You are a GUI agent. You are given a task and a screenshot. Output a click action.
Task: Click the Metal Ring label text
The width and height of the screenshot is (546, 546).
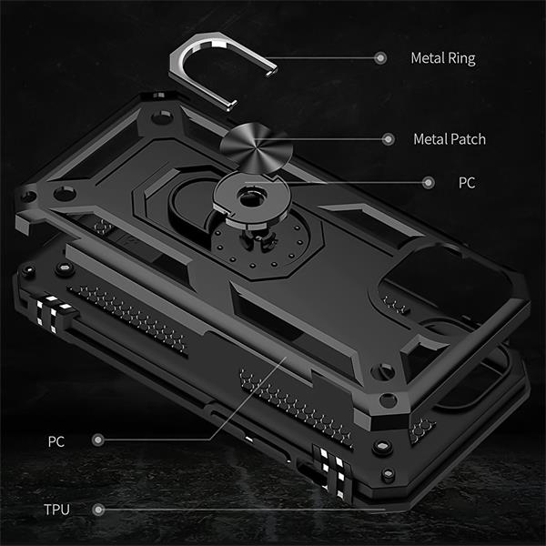click(443, 58)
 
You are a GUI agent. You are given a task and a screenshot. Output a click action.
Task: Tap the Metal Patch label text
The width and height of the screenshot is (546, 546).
click(450, 139)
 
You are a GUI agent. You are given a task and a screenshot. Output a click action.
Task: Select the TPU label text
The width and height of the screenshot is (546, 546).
click(56, 510)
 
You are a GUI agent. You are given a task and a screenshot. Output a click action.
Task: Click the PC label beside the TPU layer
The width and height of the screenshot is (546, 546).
click(56, 441)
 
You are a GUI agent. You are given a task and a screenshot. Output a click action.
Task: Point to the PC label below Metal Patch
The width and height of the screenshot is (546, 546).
click(467, 183)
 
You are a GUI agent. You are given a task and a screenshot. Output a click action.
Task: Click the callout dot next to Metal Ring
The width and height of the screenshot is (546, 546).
click(380, 58)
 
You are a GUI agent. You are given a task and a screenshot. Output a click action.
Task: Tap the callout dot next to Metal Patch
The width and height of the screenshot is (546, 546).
click(388, 139)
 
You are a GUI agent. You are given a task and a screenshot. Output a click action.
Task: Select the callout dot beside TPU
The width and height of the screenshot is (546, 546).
click(98, 510)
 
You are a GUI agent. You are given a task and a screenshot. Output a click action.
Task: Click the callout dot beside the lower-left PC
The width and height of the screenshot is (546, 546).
click(98, 440)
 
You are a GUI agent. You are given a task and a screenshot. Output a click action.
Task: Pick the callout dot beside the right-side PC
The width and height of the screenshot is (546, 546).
click(429, 183)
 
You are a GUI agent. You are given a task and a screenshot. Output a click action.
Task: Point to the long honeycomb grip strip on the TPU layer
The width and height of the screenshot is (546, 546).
click(127, 319)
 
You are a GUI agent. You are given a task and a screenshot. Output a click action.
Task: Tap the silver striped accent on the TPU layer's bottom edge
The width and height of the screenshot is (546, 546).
click(332, 471)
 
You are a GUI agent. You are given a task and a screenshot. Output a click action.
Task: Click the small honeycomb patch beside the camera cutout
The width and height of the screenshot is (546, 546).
click(396, 304)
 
